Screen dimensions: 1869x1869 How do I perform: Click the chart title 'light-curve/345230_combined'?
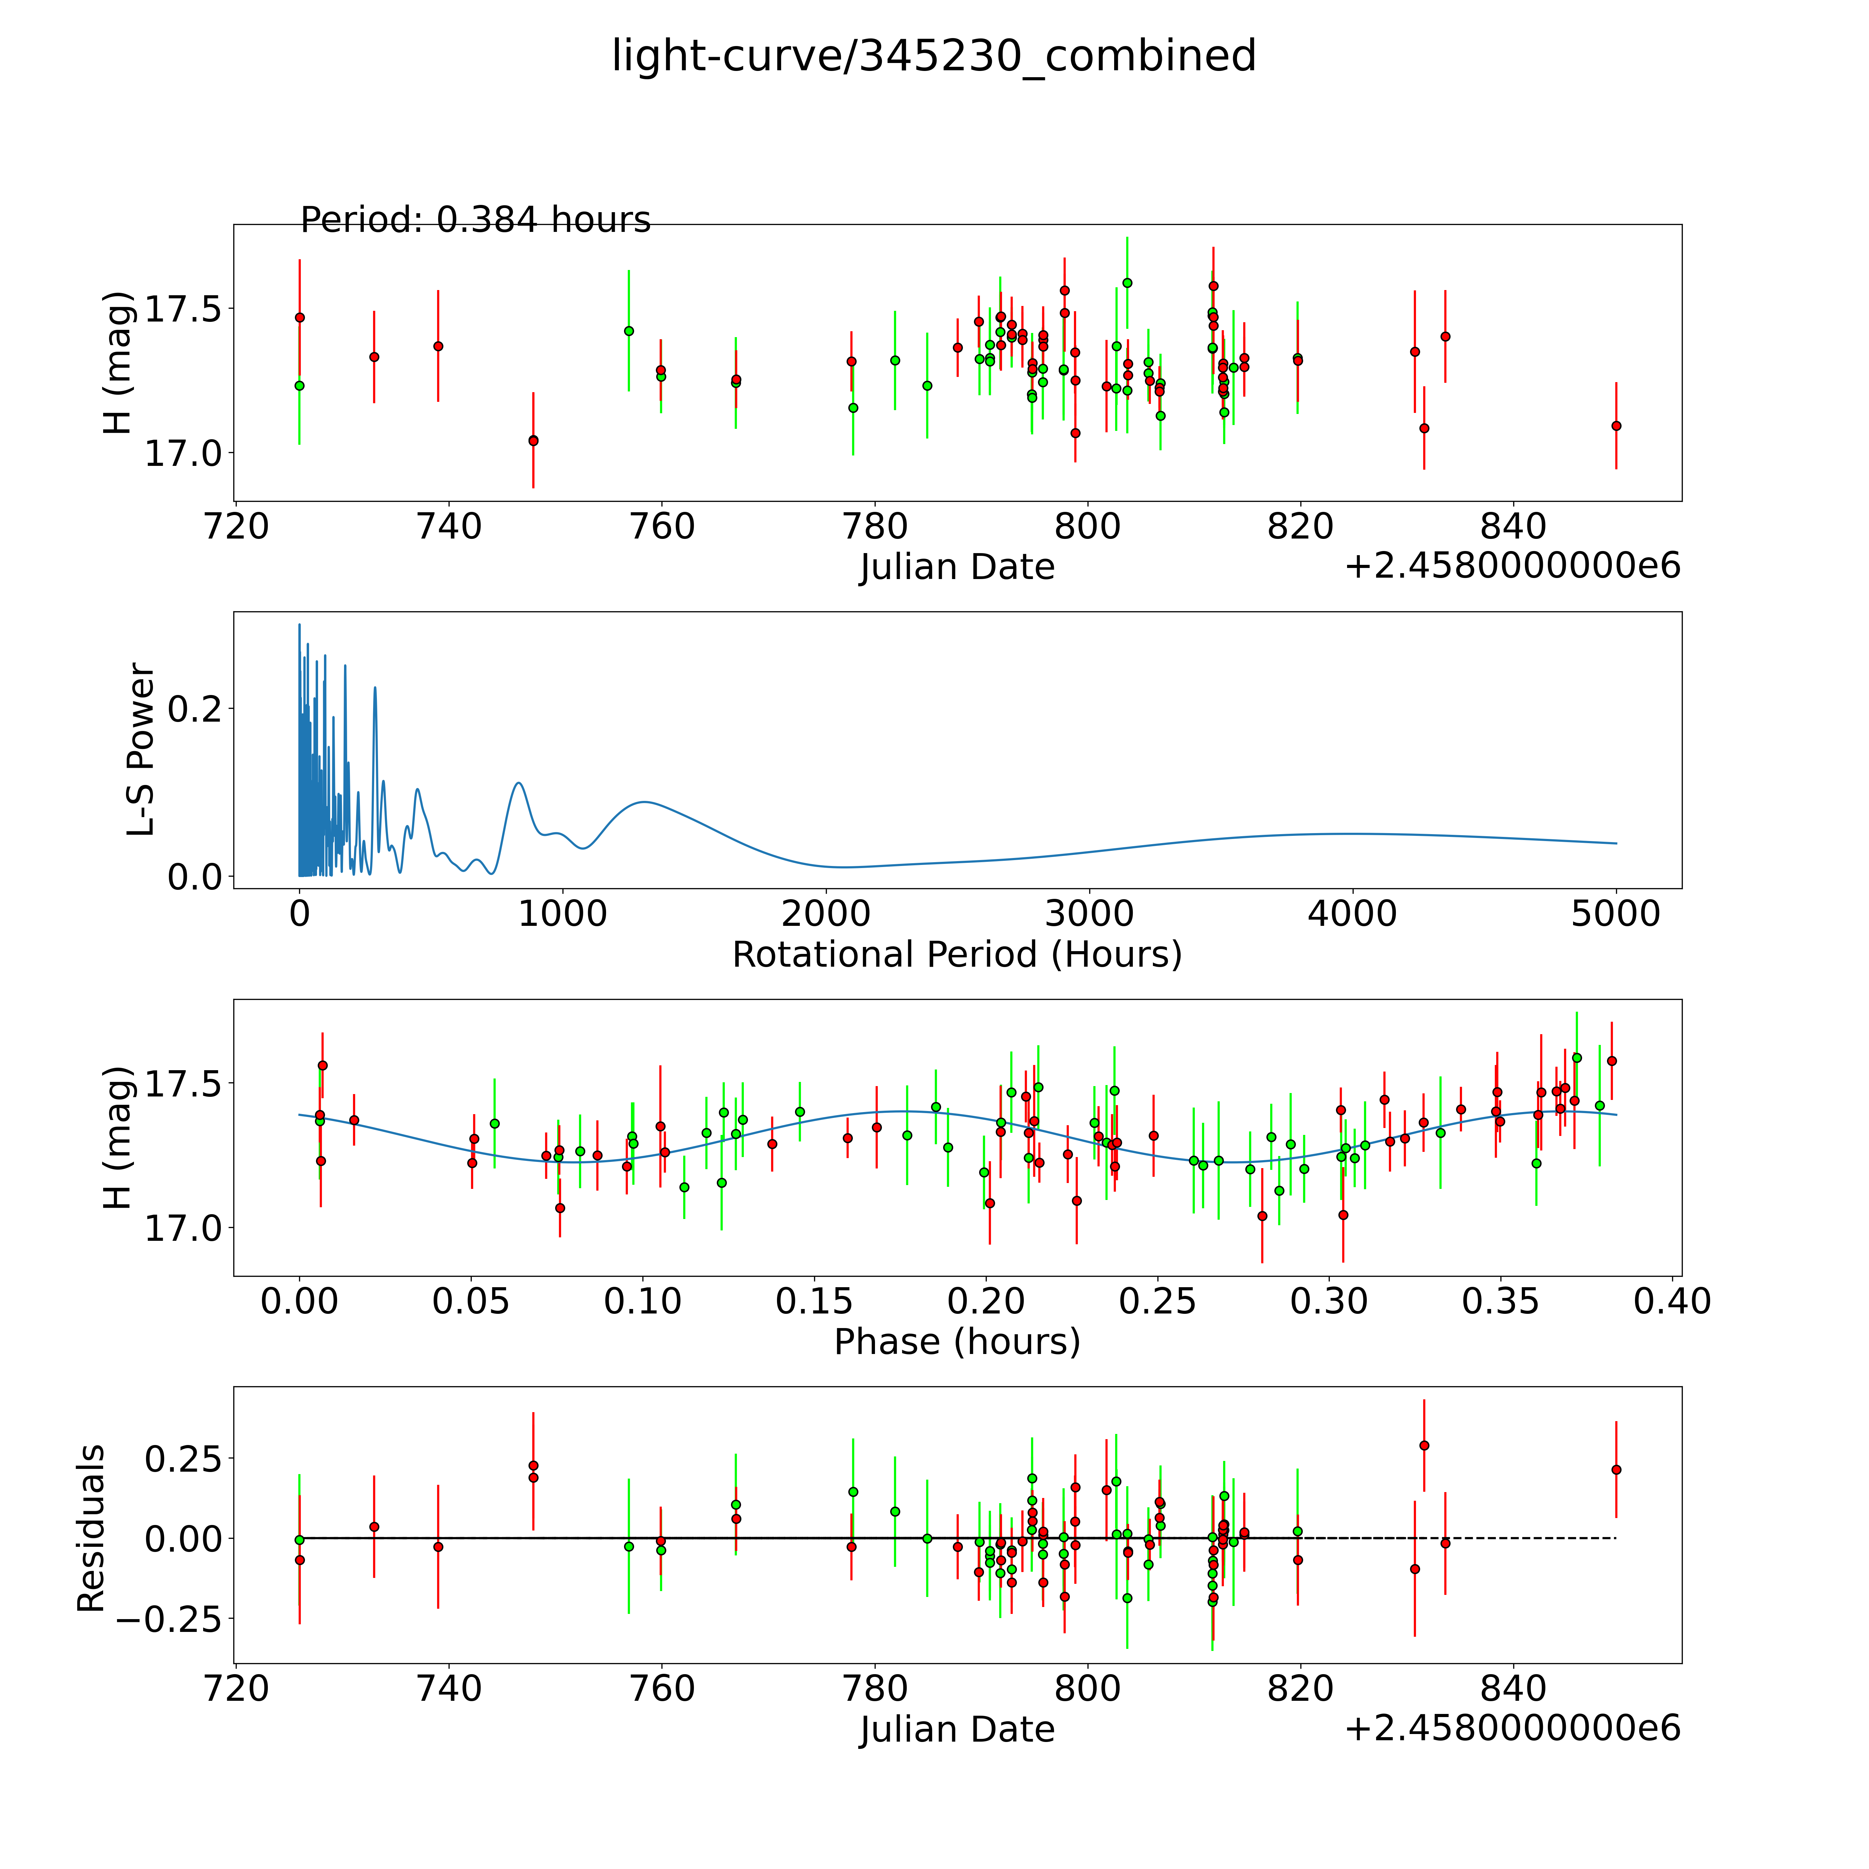pos(933,56)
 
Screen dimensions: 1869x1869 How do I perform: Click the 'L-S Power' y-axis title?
pos(141,750)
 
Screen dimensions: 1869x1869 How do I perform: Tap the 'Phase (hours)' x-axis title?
pos(957,1342)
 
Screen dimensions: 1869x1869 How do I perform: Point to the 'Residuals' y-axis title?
pos(91,1528)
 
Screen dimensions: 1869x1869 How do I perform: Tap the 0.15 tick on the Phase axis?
pos(814,1301)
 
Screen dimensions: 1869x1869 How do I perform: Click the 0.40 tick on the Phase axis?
pos(1673,1301)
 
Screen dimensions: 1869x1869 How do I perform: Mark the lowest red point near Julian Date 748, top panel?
pos(533,440)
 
